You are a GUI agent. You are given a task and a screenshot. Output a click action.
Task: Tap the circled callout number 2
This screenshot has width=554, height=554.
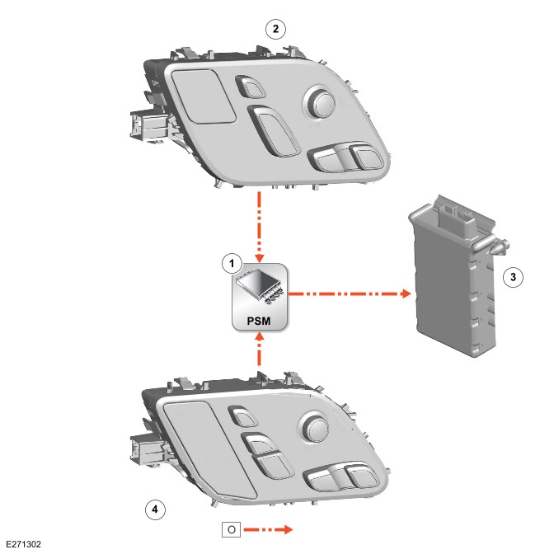coord(275,29)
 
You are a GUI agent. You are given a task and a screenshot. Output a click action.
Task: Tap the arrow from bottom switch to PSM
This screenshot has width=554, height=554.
coord(261,350)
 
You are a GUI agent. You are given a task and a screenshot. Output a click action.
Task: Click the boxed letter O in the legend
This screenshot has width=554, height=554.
coord(232,528)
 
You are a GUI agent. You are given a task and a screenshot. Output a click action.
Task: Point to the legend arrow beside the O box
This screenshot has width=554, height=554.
coord(269,528)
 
